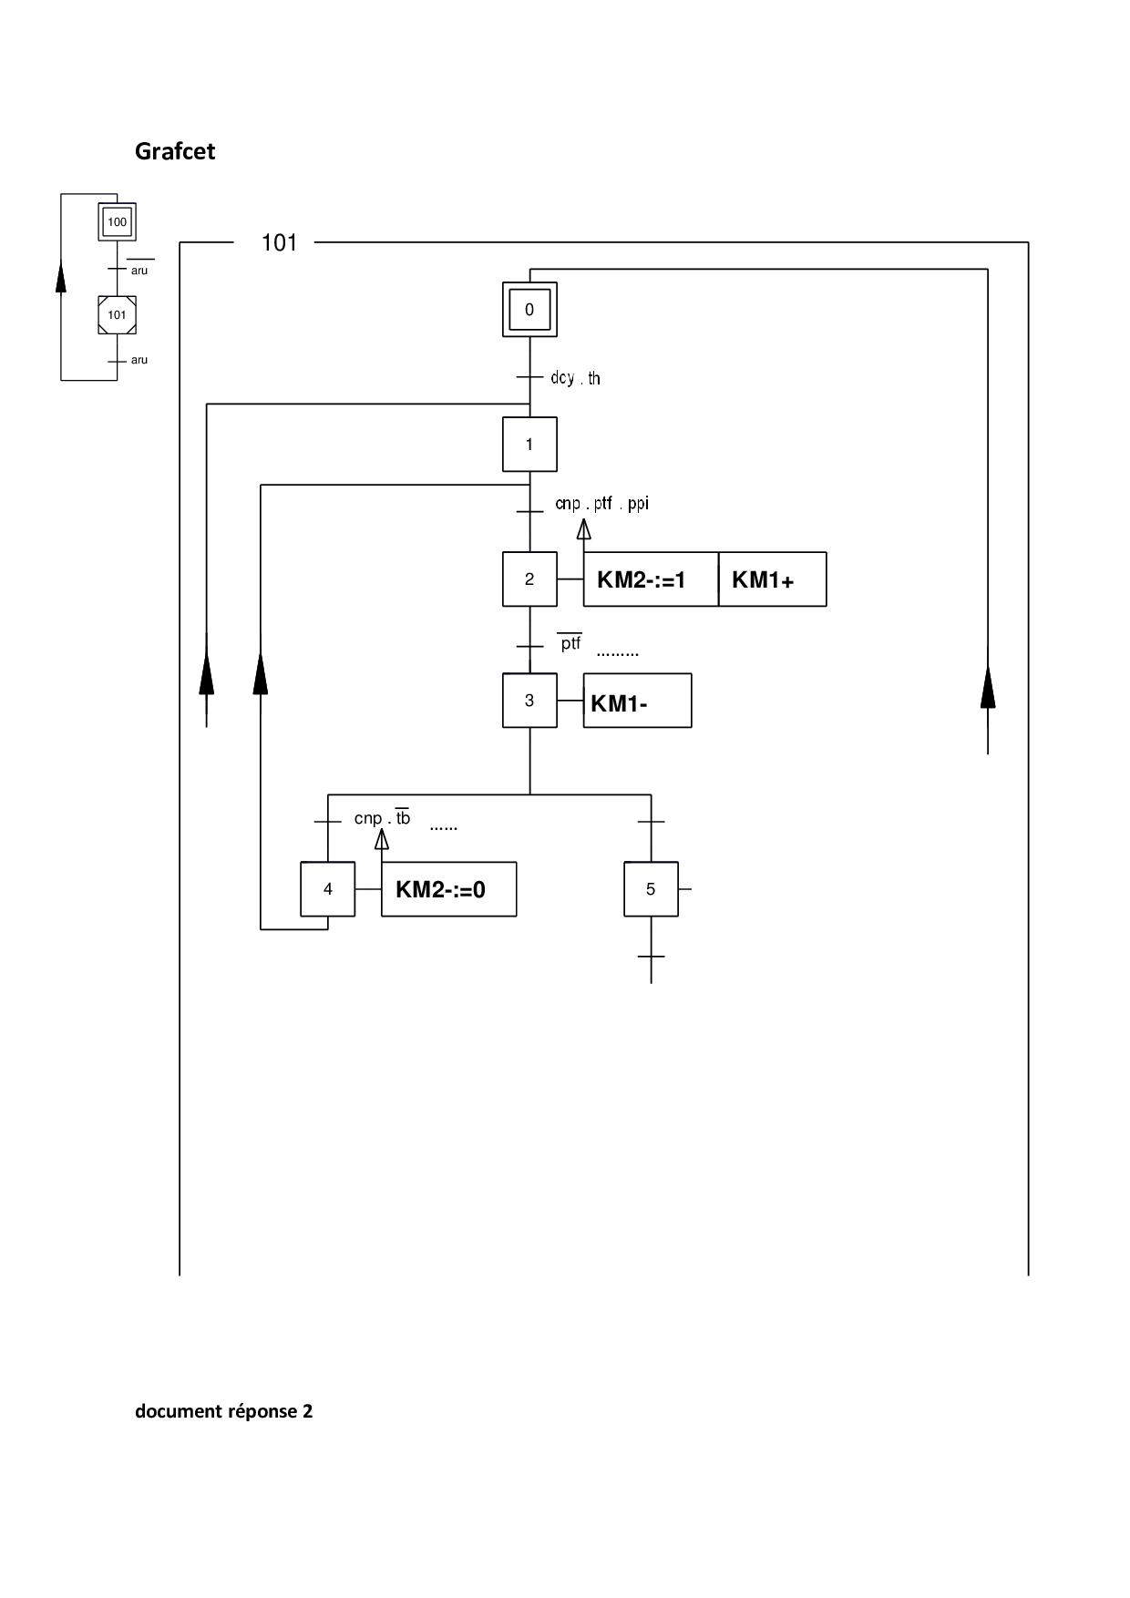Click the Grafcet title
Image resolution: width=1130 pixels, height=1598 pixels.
pyautogui.click(x=175, y=151)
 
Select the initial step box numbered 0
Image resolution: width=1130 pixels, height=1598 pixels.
pyautogui.click(x=529, y=310)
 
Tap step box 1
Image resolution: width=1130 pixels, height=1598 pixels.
pyautogui.click(x=529, y=445)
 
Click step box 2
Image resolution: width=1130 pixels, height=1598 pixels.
pyautogui.click(x=529, y=579)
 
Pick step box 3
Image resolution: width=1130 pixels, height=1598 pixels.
pyautogui.click(x=529, y=701)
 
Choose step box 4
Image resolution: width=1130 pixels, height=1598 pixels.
pyautogui.click(x=328, y=889)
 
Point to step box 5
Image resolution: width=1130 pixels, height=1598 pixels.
pyautogui.click(x=651, y=889)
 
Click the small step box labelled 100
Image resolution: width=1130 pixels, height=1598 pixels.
pyautogui.click(x=118, y=222)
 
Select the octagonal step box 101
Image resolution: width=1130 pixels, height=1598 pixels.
pyautogui.click(x=118, y=315)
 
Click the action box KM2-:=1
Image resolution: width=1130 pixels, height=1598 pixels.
pyautogui.click(x=651, y=579)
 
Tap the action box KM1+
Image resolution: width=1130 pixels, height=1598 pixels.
pyautogui.click(x=772, y=579)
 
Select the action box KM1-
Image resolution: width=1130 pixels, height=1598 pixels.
pyautogui.click(x=637, y=702)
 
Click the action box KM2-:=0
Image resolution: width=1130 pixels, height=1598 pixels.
pyautogui.click(x=448, y=889)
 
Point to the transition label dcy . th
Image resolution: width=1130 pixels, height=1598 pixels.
pyautogui.click(x=575, y=378)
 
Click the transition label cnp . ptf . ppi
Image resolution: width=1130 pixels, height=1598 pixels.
pyautogui.click(x=602, y=504)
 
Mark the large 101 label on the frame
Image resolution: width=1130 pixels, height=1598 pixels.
pyautogui.click(x=280, y=243)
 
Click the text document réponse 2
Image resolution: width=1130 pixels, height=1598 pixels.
pyautogui.click(x=224, y=1411)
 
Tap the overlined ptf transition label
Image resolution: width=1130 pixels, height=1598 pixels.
pyautogui.click(x=570, y=643)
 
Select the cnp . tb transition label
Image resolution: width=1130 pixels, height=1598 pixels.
pyautogui.click(x=383, y=818)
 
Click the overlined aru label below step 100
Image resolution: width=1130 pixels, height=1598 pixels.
pyautogui.click(x=139, y=271)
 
